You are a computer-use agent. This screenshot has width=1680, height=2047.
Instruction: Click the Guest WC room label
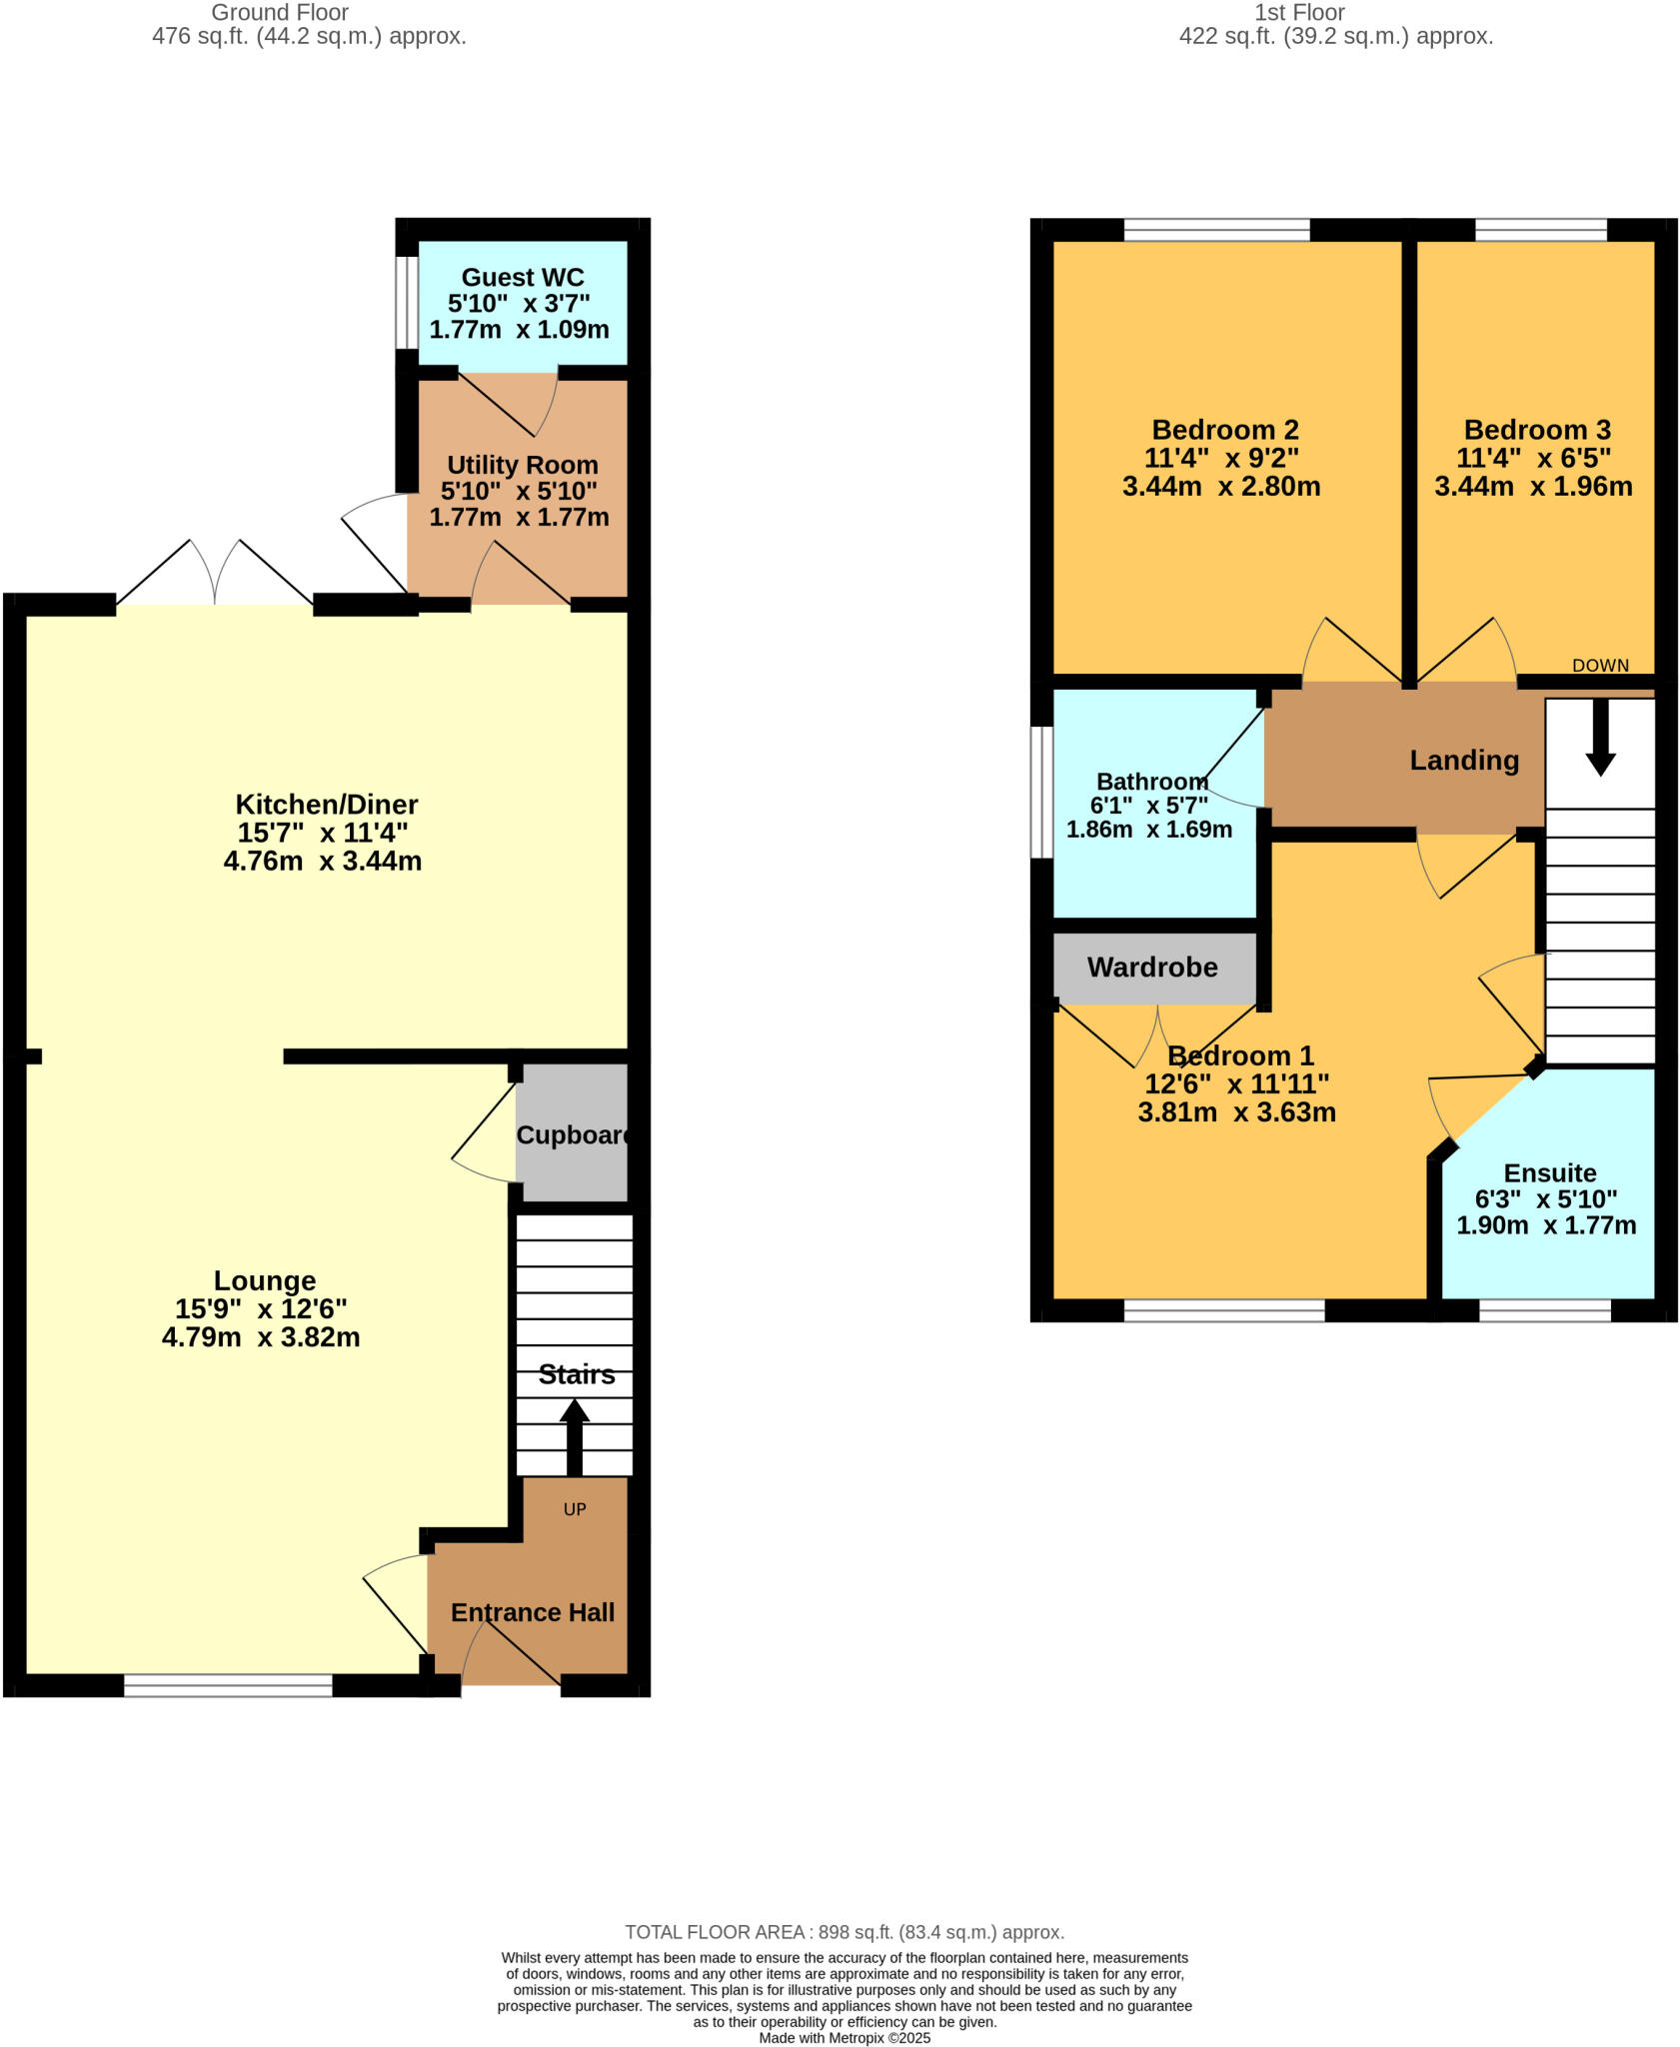coord(522,277)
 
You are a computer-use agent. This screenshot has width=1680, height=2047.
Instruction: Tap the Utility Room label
coord(522,465)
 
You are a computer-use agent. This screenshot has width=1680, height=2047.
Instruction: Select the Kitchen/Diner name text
coord(326,804)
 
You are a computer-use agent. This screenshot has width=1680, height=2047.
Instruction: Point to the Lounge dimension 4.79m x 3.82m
coord(261,1337)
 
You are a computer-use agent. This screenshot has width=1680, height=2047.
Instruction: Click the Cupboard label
coord(573,1135)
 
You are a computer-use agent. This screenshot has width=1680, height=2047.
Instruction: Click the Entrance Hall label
coord(532,1612)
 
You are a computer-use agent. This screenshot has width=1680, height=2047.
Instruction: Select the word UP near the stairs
coord(575,1509)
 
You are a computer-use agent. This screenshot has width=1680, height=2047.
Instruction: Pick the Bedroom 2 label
coord(1225,430)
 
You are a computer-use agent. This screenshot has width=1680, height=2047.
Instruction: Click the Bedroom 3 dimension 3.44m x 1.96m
coord(1533,487)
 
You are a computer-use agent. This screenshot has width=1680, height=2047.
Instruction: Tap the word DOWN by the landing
coord(1600,666)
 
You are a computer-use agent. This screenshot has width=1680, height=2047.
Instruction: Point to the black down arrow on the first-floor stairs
coord(1600,740)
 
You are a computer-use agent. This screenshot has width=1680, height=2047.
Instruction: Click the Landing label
coord(1464,761)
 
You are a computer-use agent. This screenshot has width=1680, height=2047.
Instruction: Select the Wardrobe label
coord(1152,968)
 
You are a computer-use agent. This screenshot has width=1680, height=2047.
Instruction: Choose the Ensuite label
coord(1550,1172)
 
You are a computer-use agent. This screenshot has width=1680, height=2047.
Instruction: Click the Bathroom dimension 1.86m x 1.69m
coord(1149,830)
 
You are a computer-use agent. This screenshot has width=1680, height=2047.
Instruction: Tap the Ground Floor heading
coord(280,13)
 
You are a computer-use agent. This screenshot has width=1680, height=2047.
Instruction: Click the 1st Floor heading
coord(1299,13)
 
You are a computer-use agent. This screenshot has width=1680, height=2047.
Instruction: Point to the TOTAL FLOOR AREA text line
coord(844,1932)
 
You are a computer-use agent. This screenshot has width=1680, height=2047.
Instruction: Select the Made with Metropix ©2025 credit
coord(844,2038)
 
